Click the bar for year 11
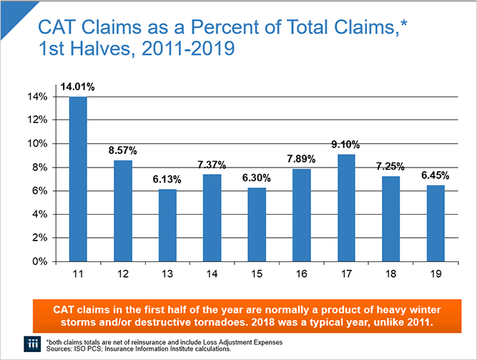[78, 179]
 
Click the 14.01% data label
[77, 87]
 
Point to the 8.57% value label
[123, 151]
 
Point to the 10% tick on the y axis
[38, 143]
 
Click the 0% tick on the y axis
[40, 261]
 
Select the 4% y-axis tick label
[40, 214]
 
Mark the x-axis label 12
[123, 274]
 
